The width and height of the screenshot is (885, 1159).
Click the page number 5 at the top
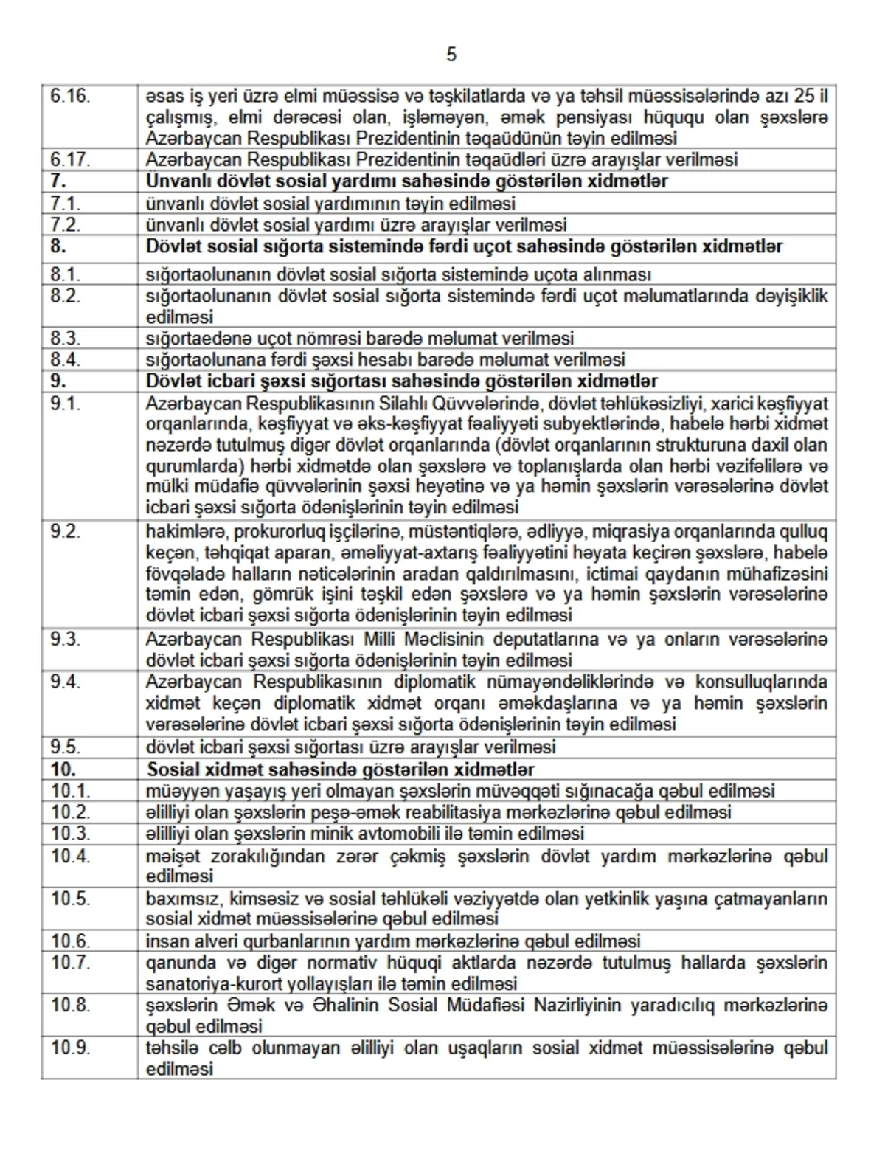(451, 55)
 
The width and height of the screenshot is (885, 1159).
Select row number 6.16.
(70, 96)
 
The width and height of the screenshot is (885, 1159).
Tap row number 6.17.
(70, 159)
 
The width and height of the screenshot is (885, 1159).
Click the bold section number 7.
(58, 181)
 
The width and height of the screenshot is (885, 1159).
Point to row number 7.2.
(65, 224)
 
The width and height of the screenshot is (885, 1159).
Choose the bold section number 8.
(58, 246)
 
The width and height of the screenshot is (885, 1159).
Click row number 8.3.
(65, 338)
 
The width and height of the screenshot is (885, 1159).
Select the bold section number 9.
(58, 381)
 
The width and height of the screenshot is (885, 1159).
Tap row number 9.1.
(65, 404)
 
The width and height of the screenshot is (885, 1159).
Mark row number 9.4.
(65, 682)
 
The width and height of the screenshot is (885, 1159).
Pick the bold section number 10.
(63, 769)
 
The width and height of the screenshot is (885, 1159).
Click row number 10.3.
(70, 833)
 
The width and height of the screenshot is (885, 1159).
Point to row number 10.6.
(70, 941)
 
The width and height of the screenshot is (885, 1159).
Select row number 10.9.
(70, 1048)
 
